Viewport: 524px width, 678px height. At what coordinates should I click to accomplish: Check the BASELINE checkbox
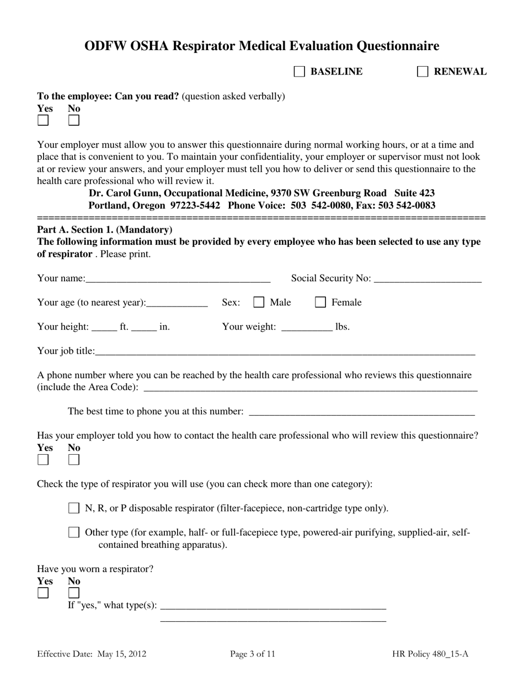300,72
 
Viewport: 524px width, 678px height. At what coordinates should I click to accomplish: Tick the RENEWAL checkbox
423,72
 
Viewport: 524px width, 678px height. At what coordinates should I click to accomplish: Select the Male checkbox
259,302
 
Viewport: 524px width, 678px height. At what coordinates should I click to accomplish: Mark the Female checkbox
320,302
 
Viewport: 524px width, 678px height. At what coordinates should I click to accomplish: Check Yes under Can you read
43,120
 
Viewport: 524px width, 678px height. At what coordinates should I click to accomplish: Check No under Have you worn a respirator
74,593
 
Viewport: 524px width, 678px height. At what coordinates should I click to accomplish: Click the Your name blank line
178,279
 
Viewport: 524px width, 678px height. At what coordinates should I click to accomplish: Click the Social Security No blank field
427,279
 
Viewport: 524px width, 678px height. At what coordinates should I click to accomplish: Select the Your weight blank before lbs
307,327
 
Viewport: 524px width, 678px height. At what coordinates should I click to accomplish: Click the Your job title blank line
285,352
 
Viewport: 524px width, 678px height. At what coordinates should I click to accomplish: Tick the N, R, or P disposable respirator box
74,508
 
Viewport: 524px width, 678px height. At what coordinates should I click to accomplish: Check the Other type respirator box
74,532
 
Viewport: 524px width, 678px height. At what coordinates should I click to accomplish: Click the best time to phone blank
362,412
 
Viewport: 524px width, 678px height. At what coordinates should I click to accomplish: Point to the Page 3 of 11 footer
253,654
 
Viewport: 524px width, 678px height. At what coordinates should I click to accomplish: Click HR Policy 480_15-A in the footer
430,654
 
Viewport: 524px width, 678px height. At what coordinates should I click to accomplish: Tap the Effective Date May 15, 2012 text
92,654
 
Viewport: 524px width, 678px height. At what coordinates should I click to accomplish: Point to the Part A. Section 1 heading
105,230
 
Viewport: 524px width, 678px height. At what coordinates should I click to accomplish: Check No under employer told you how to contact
74,460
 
